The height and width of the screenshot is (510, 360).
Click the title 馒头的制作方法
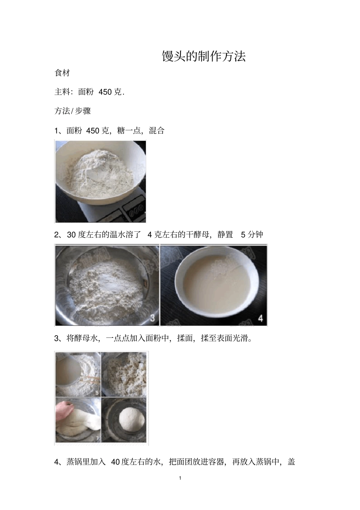204,56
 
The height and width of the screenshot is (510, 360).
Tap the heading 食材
62,73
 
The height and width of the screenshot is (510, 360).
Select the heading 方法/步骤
72,111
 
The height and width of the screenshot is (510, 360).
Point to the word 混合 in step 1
157,131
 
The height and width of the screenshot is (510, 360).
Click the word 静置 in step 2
225,235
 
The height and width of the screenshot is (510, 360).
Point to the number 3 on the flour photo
152,318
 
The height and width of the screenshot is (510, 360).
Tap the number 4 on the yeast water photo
260,319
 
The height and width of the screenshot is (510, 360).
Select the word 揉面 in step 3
185,338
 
